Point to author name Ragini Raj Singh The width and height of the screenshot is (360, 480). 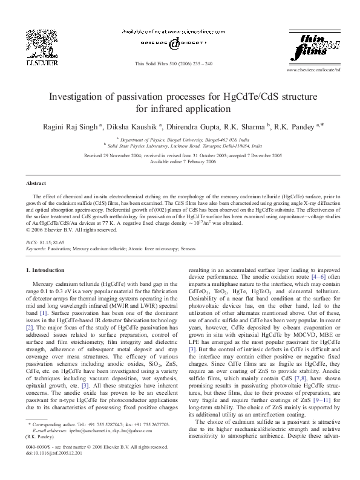[x=72, y=127]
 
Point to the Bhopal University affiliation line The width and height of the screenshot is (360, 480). [x=180, y=138]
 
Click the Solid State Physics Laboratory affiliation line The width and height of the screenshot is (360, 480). [x=180, y=145]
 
